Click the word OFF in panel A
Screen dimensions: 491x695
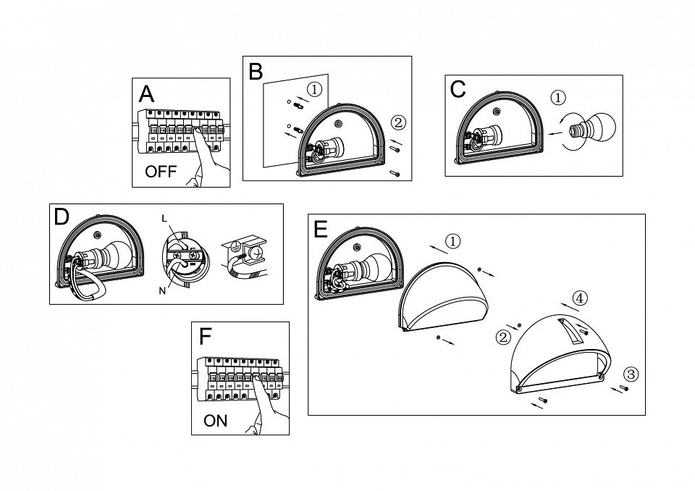tap(161, 172)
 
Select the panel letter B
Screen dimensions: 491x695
tap(256, 71)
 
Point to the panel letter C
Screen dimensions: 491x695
tap(458, 89)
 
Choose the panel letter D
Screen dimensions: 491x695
tap(62, 217)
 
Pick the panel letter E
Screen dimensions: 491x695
tap(321, 229)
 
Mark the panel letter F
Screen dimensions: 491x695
tap(206, 337)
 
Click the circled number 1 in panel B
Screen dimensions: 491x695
tap(314, 90)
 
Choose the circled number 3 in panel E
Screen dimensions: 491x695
tap(631, 374)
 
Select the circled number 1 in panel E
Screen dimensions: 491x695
tap(452, 241)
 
